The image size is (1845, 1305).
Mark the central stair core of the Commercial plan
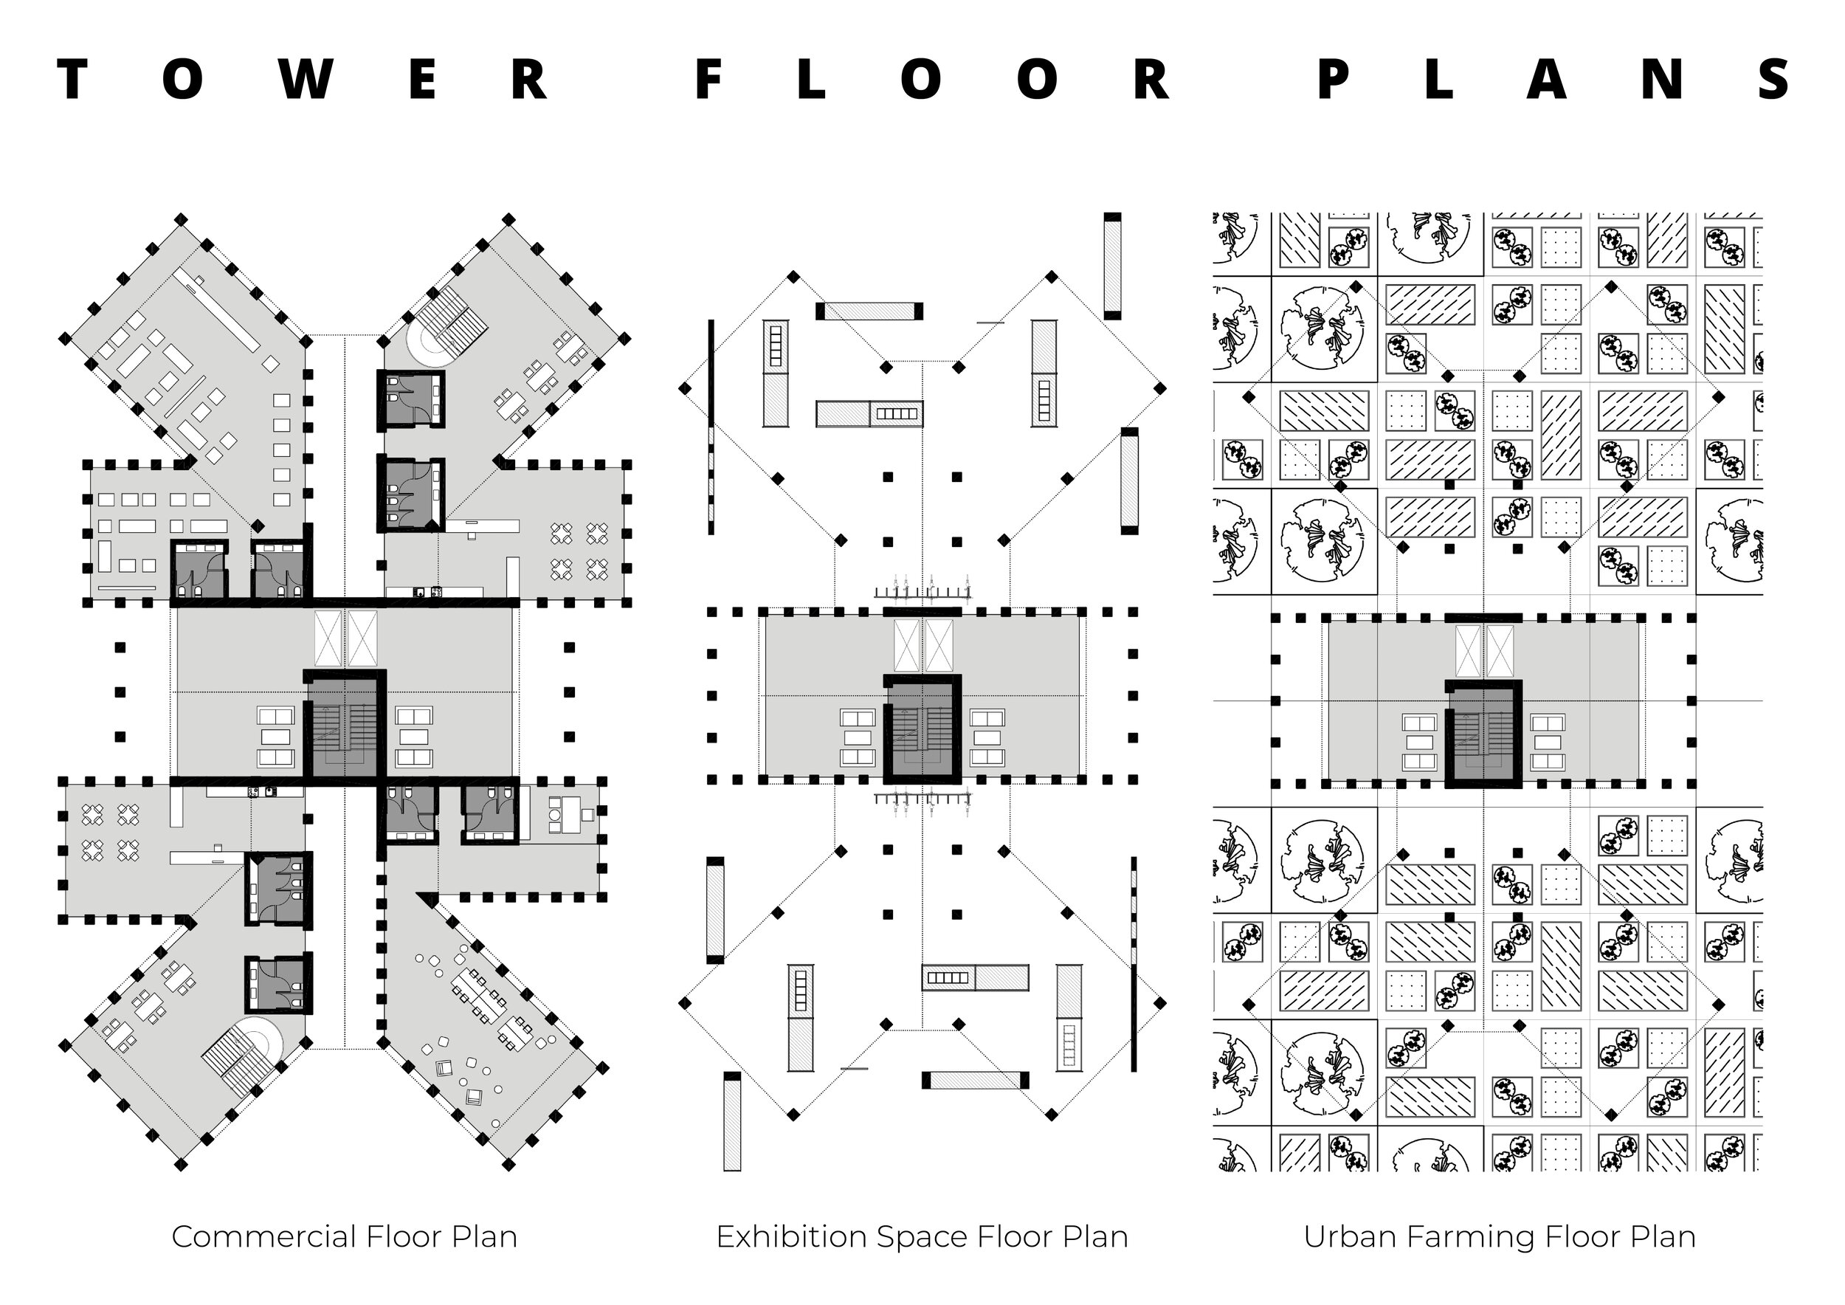click(344, 728)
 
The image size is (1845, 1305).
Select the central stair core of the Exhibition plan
click(922, 733)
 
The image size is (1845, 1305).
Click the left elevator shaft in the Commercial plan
click(328, 638)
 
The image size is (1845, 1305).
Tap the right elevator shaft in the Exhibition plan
click(939, 644)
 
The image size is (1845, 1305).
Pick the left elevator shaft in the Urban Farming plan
click(1468, 651)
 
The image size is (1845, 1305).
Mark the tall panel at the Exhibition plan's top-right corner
click(1112, 266)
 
